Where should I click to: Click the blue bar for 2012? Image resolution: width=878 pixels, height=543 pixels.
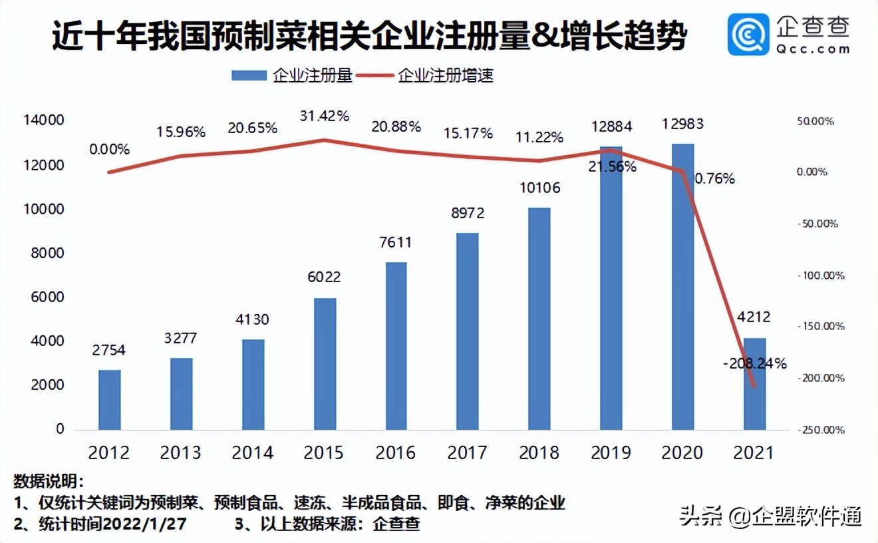[110, 399]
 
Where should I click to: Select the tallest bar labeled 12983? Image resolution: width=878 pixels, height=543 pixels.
[683, 286]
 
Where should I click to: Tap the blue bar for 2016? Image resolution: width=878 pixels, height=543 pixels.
[396, 346]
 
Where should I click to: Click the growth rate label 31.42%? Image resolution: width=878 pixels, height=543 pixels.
[324, 116]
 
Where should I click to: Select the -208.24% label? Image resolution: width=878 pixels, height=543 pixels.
[754, 363]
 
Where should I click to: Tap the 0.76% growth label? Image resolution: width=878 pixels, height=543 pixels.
[714, 178]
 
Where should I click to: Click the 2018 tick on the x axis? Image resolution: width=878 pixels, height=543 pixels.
[539, 452]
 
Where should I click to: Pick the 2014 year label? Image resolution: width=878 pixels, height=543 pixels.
[253, 452]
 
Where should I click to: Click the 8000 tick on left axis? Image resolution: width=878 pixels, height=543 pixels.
[45, 253]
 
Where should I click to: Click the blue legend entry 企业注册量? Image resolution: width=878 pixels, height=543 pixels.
[292, 75]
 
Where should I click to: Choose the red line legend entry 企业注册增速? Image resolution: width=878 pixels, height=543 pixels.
[426, 75]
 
